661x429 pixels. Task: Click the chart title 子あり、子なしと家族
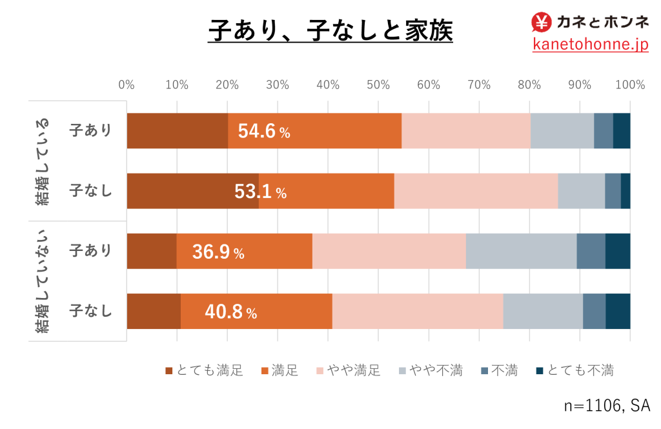point(330,30)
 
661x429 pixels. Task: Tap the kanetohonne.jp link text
point(590,45)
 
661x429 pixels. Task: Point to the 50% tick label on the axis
point(378,85)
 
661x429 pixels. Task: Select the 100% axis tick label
point(630,85)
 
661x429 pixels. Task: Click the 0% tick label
point(127,85)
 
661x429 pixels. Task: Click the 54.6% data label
point(264,132)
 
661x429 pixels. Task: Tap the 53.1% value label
point(260,192)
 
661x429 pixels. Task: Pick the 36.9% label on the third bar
point(218,252)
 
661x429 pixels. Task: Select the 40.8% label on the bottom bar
point(231,313)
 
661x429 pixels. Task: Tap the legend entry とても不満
point(575,370)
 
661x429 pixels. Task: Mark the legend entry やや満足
point(348,370)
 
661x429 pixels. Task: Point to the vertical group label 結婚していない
point(44,281)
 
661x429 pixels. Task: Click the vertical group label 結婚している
point(44,161)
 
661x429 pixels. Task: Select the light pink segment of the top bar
point(465,130)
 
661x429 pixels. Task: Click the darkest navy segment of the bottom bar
point(618,311)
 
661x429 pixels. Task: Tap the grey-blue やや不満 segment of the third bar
point(520,251)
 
